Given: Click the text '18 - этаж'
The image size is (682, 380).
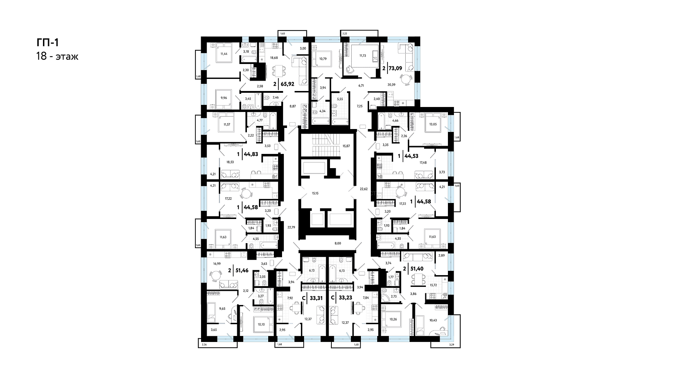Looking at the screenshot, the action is (x=57, y=56).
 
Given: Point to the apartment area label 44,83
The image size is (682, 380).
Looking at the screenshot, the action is (x=251, y=154).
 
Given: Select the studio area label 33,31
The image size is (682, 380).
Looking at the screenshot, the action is (x=316, y=298).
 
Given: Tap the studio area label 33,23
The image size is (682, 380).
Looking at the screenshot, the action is (x=345, y=298).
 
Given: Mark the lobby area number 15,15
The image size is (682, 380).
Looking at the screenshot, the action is (x=315, y=193).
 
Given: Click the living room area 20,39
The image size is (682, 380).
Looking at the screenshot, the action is (x=391, y=85).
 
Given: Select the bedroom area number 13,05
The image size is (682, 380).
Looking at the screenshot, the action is (x=433, y=124).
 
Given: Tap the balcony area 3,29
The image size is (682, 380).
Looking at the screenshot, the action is (x=451, y=345).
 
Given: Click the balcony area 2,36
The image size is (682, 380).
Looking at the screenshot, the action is (x=204, y=344).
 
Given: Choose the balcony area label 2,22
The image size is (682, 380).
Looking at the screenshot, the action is (x=345, y=33).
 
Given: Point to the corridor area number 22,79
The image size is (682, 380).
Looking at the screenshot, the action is (x=291, y=228).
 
